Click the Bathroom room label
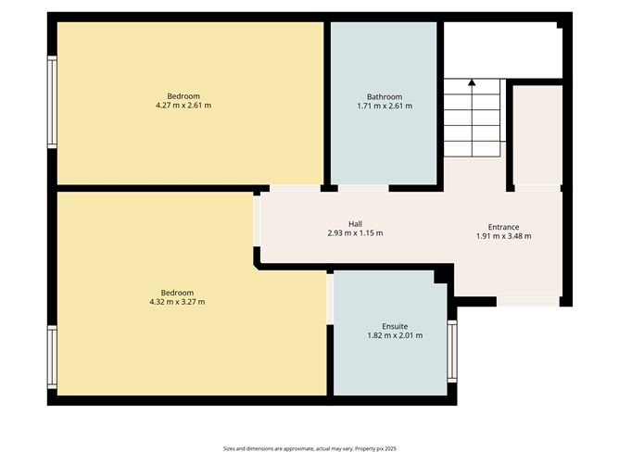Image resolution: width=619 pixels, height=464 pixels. pyautogui.click(x=384, y=96)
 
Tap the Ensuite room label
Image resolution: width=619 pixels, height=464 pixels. pyautogui.click(x=395, y=326)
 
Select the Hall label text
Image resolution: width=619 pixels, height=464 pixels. pyautogui.click(x=355, y=223)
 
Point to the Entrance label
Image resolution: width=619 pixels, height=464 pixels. pyautogui.click(x=503, y=227)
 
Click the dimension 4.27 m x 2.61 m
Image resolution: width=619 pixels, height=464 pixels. pyautogui.click(x=183, y=107)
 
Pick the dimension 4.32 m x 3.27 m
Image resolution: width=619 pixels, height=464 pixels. pyautogui.click(x=177, y=302)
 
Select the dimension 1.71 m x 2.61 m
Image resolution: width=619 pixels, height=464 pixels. pyautogui.click(x=384, y=107)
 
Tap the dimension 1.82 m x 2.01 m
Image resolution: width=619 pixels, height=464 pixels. pyautogui.click(x=395, y=335)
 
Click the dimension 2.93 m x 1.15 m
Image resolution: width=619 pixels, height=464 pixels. pyautogui.click(x=355, y=233)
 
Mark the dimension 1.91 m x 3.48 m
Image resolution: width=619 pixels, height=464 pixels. pyautogui.click(x=503, y=236)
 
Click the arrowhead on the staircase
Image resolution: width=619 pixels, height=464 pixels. pyautogui.click(x=472, y=83)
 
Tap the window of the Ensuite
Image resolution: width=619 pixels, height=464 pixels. pyautogui.click(x=452, y=351)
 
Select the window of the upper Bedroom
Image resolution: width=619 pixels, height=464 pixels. pyautogui.click(x=53, y=102)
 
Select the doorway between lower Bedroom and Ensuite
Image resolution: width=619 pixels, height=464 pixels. pyautogui.click(x=330, y=298)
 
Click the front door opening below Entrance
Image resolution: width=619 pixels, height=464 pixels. pyautogui.click(x=528, y=301)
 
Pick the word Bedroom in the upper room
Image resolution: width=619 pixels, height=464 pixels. pyautogui.click(x=183, y=96)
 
